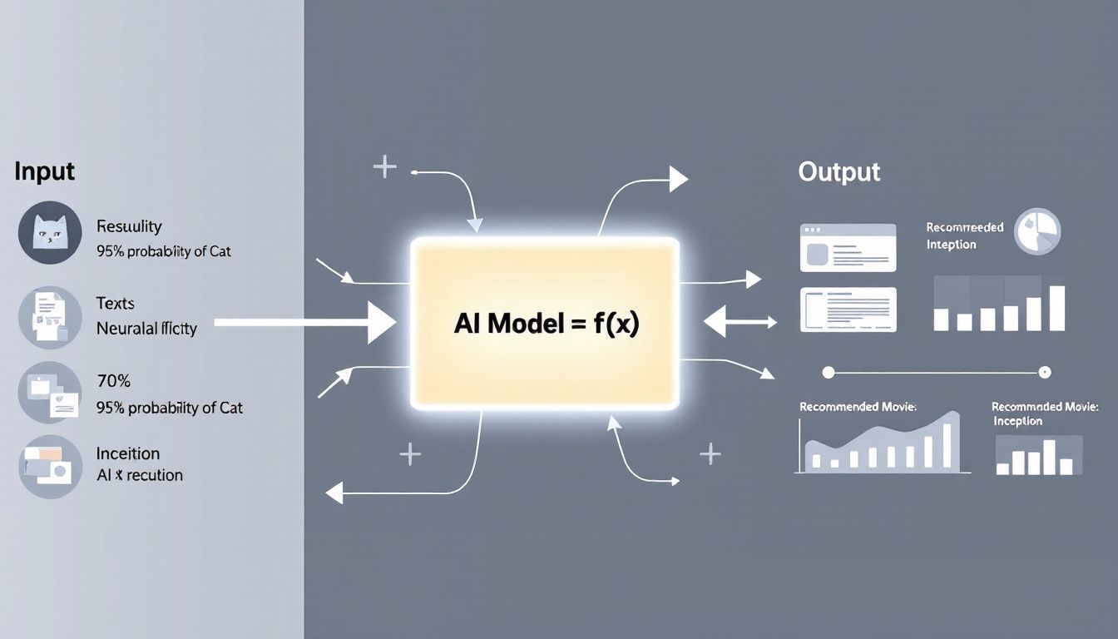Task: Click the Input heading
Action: [44, 171]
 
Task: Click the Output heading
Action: [838, 172]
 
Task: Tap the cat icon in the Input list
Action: [50, 233]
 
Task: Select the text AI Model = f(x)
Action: [546, 324]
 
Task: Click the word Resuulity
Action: [129, 226]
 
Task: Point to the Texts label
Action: [115, 304]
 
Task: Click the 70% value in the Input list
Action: [113, 382]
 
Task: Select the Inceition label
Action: [127, 453]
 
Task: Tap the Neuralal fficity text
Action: [146, 329]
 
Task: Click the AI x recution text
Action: [139, 475]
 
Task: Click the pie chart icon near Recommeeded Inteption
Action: [1037, 232]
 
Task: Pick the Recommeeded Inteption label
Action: [964, 235]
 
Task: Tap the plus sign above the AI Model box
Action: [384, 167]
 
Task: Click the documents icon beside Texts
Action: [50, 317]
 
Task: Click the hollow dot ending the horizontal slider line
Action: [1046, 372]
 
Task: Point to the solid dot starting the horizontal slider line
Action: [828, 372]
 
